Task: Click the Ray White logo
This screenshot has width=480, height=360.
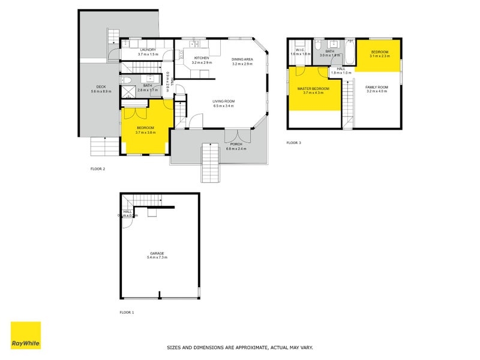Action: [26, 335]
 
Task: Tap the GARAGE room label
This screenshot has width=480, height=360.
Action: [157, 253]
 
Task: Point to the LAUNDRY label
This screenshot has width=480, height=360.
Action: [148, 50]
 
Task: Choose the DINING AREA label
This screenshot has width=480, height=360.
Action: [243, 58]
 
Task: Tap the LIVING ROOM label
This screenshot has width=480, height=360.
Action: [223, 101]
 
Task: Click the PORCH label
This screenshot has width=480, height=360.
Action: [235, 143]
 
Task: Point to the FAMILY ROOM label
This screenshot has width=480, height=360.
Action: [377, 88]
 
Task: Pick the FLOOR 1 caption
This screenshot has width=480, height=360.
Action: [127, 313]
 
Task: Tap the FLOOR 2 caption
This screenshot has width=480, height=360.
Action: [98, 169]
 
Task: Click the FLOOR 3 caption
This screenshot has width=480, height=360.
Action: [293, 143]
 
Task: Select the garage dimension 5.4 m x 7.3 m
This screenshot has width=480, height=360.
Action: [157, 257]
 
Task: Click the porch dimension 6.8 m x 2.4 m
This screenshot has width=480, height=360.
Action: [235, 148]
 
